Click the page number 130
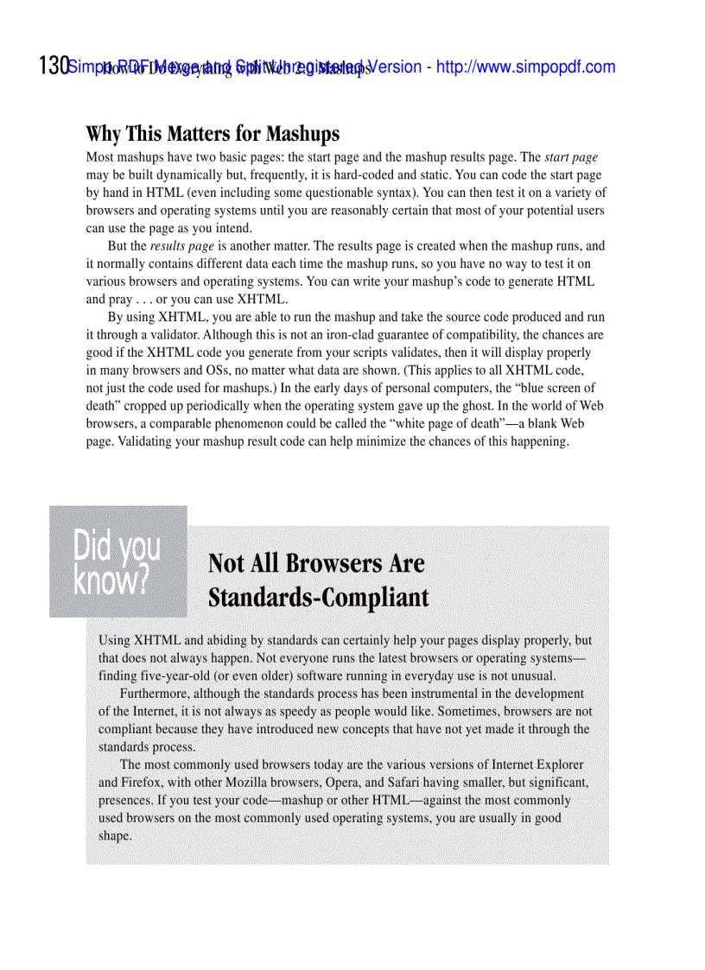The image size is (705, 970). pos(54,67)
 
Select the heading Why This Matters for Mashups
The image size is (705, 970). pos(213,134)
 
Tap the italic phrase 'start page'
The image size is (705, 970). pos(571,158)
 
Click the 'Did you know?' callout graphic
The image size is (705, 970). pos(117,561)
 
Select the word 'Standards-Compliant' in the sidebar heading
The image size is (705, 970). pos(318,598)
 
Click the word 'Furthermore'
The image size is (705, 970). pos(156,694)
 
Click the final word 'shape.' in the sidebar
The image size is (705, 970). pos(115,835)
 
